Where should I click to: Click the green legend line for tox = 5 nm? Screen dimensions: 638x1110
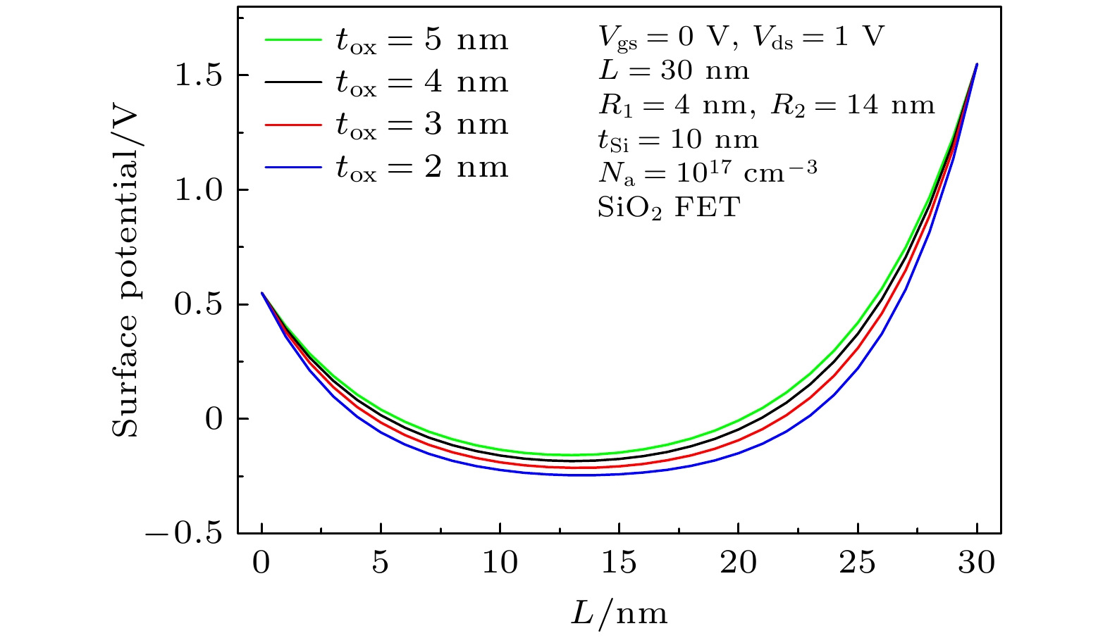(x=292, y=40)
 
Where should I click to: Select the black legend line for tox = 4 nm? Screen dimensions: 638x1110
(x=292, y=82)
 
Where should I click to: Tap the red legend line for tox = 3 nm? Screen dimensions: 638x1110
(x=292, y=125)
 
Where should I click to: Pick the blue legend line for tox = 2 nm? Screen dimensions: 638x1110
(x=292, y=167)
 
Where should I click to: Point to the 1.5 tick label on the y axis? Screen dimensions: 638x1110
(x=199, y=75)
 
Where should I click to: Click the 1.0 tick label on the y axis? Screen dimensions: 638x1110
(x=199, y=190)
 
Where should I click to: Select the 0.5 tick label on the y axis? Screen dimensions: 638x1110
(x=199, y=305)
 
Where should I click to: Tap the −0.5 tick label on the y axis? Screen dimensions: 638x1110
(x=184, y=534)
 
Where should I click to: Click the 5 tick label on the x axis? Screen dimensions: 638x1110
(x=381, y=563)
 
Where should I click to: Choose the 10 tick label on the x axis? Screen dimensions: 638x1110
(x=500, y=563)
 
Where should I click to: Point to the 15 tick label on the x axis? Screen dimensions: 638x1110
(x=618, y=563)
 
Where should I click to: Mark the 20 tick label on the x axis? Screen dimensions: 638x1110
(x=737, y=563)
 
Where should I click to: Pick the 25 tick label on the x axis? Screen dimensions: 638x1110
(x=857, y=563)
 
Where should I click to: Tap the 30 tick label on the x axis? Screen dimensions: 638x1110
(x=976, y=563)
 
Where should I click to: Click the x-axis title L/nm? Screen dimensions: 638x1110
(x=619, y=613)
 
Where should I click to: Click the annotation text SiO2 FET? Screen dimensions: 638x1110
(x=669, y=208)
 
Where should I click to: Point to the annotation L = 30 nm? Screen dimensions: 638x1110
(x=673, y=70)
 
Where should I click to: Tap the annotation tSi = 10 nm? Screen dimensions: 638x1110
(x=678, y=139)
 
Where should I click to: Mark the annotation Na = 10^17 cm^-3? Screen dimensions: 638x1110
(x=707, y=172)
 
